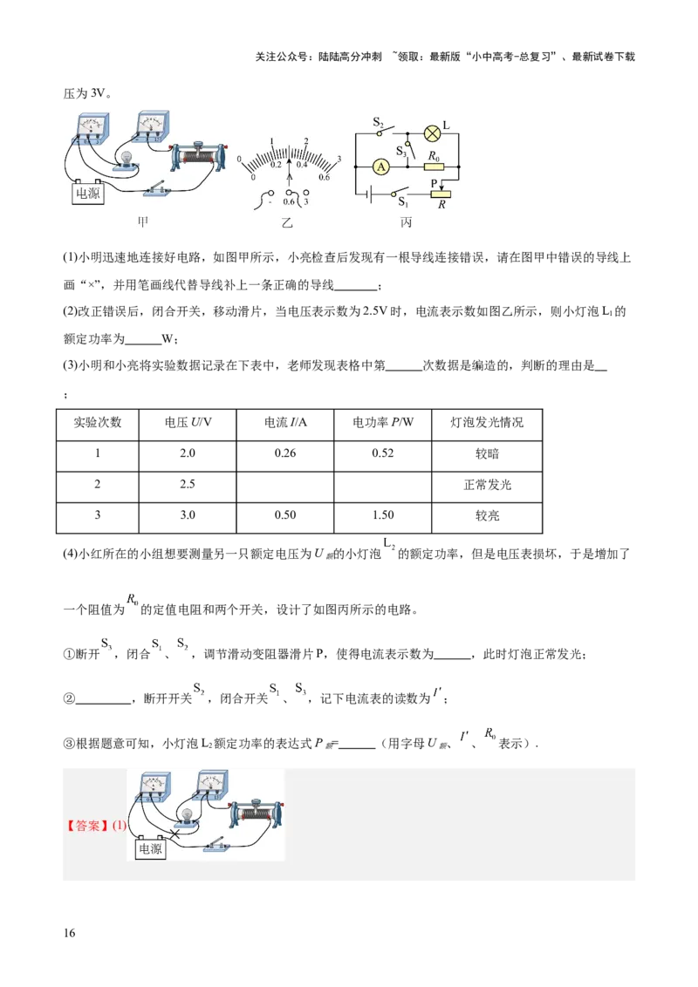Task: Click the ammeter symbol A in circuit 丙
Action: point(380,166)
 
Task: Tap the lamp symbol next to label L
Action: point(431,133)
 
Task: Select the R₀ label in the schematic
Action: point(433,154)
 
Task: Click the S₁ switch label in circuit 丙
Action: point(403,203)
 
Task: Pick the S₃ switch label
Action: point(401,152)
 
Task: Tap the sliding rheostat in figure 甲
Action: point(202,157)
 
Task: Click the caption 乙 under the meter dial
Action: point(287,223)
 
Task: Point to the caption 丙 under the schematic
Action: point(406,223)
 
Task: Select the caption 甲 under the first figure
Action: point(144,222)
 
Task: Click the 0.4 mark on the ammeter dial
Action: point(302,164)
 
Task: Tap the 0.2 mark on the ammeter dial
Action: point(275,164)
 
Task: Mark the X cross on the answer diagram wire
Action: point(174,834)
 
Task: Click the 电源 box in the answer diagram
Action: point(150,847)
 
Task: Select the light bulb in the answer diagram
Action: point(187,814)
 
